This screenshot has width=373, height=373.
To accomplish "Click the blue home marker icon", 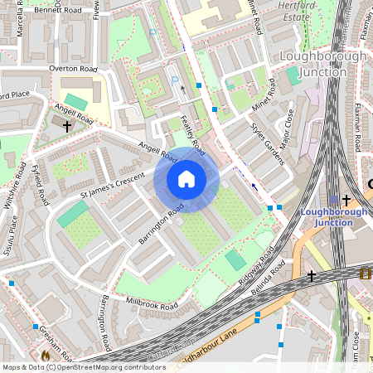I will click(x=186, y=179).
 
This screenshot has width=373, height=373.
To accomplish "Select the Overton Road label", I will click(x=73, y=69).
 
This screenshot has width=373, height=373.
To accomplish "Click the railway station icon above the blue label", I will click(x=334, y=200).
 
